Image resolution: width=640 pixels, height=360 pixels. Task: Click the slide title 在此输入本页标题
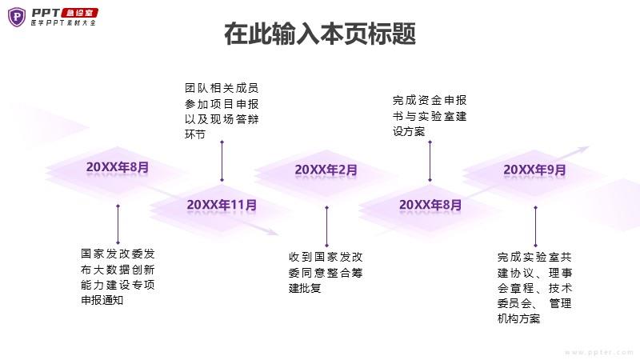(320, 34)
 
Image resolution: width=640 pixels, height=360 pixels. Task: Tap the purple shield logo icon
(17, 17)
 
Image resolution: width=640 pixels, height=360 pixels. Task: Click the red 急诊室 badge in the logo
(79, 13)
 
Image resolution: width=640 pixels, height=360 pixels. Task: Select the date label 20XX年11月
(222, 205)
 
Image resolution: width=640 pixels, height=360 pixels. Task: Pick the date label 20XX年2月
(326, 170)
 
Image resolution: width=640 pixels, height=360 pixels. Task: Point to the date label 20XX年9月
(534, 170)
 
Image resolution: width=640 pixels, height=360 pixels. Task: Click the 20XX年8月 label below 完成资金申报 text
(430, 205)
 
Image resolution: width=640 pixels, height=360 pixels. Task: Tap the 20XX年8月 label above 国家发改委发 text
(118, 167)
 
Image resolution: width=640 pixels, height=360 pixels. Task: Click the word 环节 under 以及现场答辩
(194, 134)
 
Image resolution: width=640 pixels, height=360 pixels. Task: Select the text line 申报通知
(102, 300)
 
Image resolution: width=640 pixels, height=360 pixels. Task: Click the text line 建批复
(305, 288)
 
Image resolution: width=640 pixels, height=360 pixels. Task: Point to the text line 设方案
(409, 131)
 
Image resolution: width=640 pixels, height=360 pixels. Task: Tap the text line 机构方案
(518, 318)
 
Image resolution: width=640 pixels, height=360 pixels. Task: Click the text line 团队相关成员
(222, 88)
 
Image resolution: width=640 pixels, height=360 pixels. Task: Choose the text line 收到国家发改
(326, 257)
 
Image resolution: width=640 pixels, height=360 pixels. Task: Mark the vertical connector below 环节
(222, 161)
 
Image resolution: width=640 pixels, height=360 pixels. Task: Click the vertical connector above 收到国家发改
(326, 226)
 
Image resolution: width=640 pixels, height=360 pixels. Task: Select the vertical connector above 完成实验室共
(535, 226)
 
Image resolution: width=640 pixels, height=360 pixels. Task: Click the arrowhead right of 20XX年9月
(583, 150)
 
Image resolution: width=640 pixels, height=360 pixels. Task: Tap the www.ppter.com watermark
(599, 352)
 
